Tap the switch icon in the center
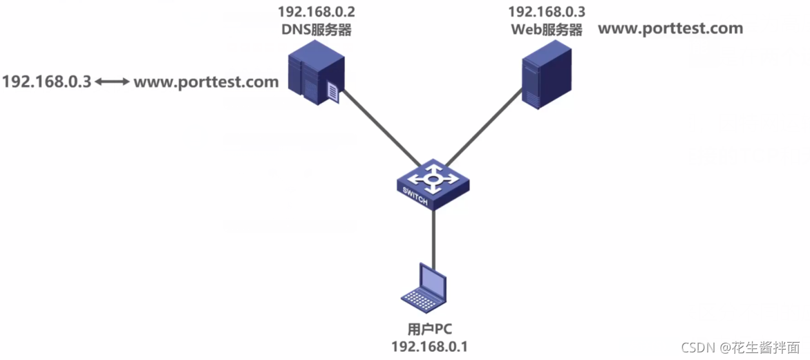[433, 184]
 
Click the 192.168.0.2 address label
[315, 12]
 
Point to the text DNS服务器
[315, 30]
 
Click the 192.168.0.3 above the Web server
[546, 12]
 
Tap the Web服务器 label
[546, 30]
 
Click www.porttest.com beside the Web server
[670, 28]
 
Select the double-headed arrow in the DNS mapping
[112, 82]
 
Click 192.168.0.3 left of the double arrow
[46, 82]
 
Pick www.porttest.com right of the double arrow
[206, 82]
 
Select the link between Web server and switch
[484, 131]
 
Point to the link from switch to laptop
[433, 235]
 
